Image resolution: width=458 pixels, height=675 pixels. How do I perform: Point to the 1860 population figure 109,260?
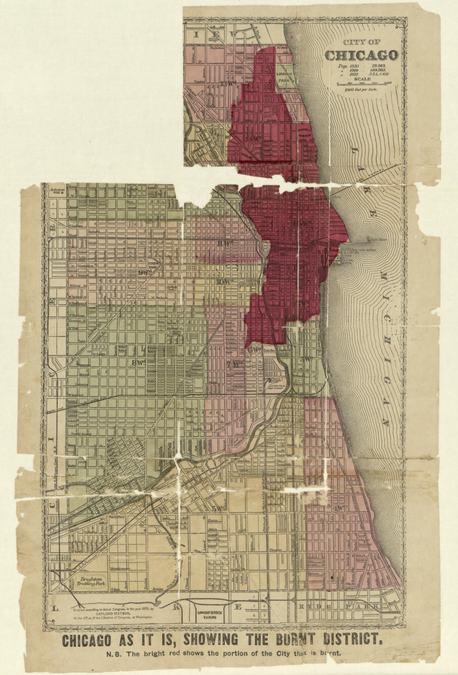(x=378, y=71)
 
